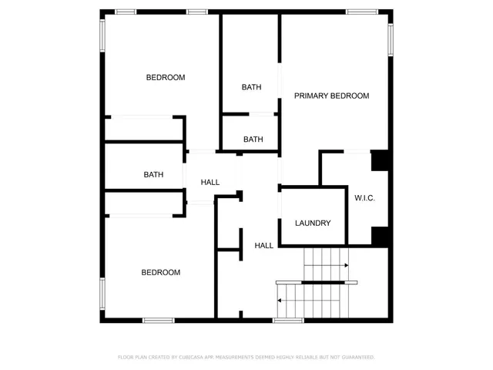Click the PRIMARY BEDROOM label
point(331,96)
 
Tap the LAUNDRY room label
point(313,224)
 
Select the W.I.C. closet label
point(364,198)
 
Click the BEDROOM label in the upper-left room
point(166,77)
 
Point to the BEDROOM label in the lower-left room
point(161,272)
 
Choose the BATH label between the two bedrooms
point(153,175)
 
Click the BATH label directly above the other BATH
point(251,87)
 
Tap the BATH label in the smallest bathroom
point(253,140)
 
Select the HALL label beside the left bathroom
point(210,183)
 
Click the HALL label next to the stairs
point(264,246)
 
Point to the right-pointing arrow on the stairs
point(346,265)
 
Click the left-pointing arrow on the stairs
point(280,301)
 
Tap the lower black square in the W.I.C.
point(380,235)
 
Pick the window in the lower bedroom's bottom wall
point(159,320)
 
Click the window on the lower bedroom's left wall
point(102,294)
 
